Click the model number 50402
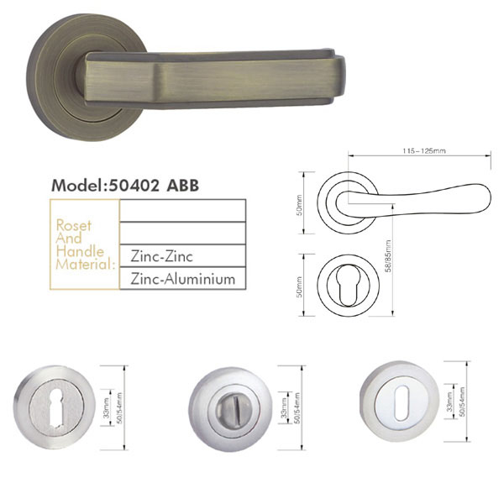(134, 185)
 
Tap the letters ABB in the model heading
(182, 185)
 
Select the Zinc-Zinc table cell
(182, 256)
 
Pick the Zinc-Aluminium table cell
(182, 278)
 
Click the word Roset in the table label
(74, 225)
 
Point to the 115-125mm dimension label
(424, 150)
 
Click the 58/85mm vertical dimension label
(389, 256)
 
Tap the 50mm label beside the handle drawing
(299, 205)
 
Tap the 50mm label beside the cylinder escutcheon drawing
(299, 286)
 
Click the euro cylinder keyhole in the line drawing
(347, 285)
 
